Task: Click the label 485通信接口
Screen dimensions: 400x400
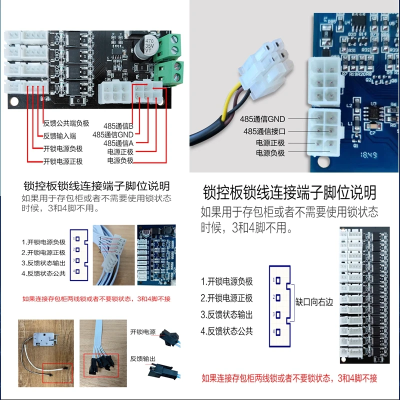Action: (264, 131)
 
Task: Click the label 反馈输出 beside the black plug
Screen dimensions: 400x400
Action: (143, 359)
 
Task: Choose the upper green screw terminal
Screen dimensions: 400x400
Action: (169, 45)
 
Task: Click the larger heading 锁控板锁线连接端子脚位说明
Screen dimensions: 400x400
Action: (289, 192)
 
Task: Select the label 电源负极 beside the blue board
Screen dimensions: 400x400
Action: (270, 153)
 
